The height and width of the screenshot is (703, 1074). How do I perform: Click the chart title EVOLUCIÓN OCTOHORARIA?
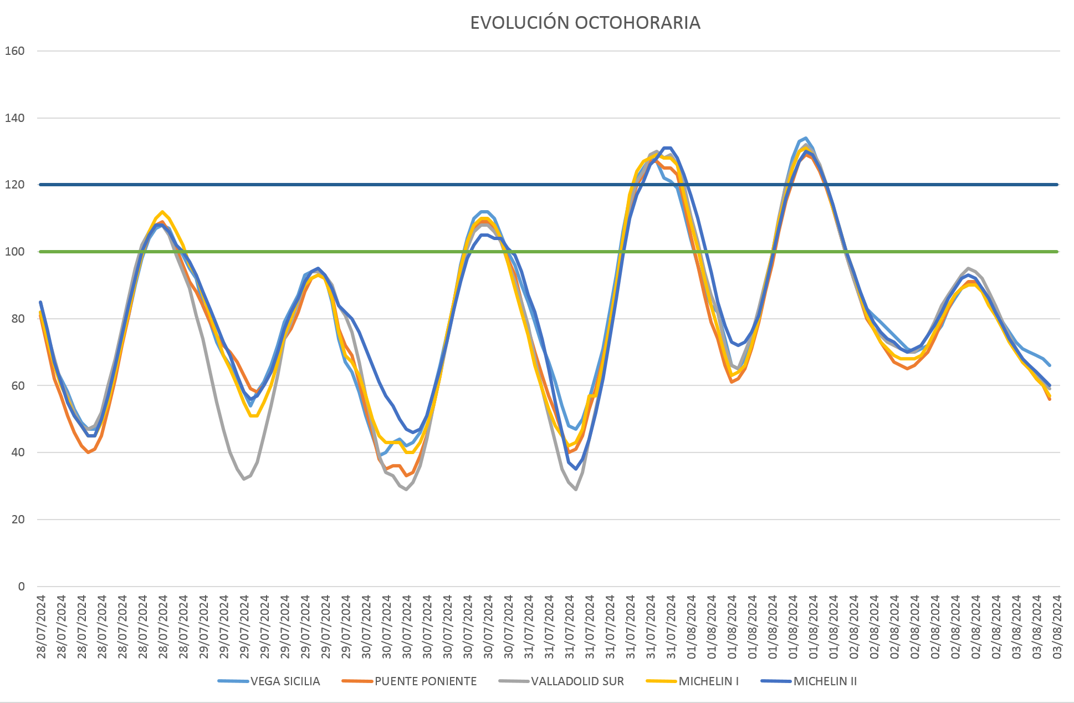(585, 23)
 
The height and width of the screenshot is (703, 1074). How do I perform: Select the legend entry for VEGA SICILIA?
(285, 681)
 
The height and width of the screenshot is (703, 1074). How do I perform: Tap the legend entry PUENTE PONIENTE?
(425, 681)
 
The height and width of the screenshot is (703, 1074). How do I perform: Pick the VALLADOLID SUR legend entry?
(577, 681)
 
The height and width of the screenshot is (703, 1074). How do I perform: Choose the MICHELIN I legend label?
(708, 681)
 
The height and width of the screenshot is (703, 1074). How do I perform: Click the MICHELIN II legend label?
(825, 681)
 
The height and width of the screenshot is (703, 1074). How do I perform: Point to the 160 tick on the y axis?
(14, 51)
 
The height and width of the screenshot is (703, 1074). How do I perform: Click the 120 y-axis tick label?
(14, 185)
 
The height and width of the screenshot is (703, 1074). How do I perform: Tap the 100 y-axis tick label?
(14, 252)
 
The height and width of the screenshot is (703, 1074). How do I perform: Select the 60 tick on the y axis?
(18, 386)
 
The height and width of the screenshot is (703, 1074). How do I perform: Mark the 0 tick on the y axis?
(21, 587)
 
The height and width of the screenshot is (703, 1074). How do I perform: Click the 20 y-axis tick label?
(18, 519)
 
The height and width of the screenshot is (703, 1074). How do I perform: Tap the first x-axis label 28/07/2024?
(41, 626)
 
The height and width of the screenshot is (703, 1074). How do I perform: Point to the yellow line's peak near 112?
(162, 212)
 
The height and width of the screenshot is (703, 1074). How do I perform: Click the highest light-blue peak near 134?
(806, 138)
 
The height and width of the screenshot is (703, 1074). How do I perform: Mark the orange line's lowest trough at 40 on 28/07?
(88, 452)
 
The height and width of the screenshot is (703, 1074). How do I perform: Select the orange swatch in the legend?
(357, 681)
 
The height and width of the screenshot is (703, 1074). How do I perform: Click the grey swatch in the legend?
(513, 681)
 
